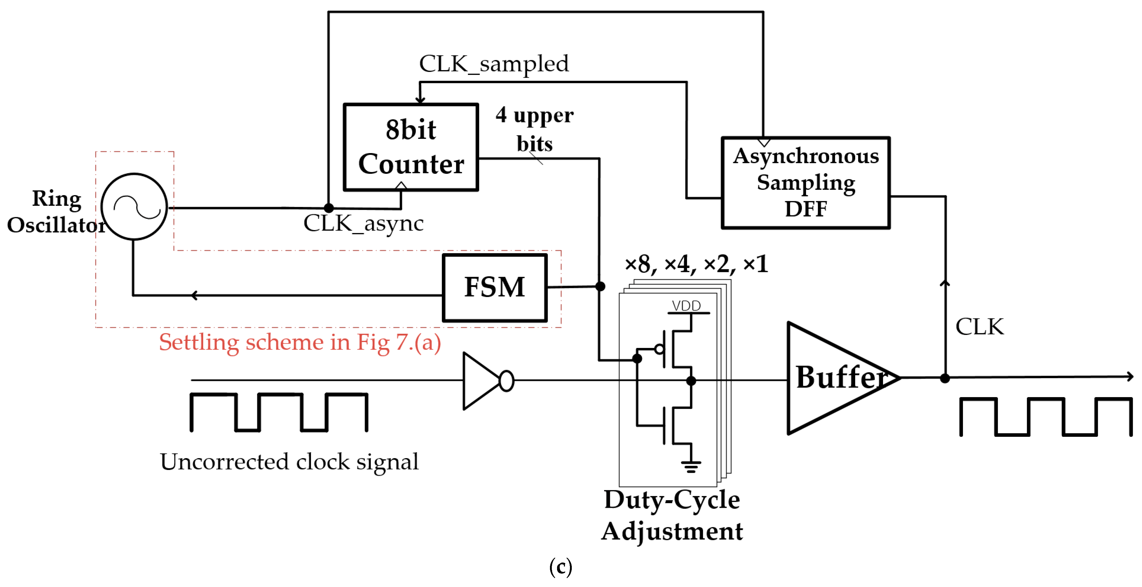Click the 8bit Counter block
pos(411,147)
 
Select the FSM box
pos(495,287)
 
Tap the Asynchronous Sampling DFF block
pos(805,183)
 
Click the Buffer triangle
pos(833,378)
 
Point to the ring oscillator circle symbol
pos(134,207)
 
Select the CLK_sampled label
pos(494,64)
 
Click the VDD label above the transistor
pos(686,306)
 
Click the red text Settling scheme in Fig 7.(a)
pos(300,342)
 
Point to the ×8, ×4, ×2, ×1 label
pos(696,264)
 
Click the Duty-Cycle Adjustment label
pos(672,515)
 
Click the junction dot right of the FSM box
pos(600,286)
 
